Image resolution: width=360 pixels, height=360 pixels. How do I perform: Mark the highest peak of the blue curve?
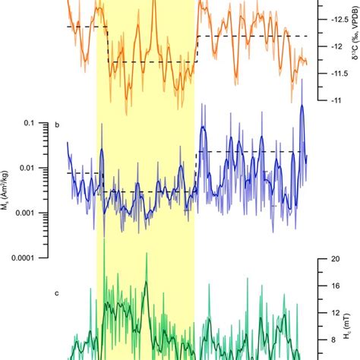pyautogui.click(x=302, y=106)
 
